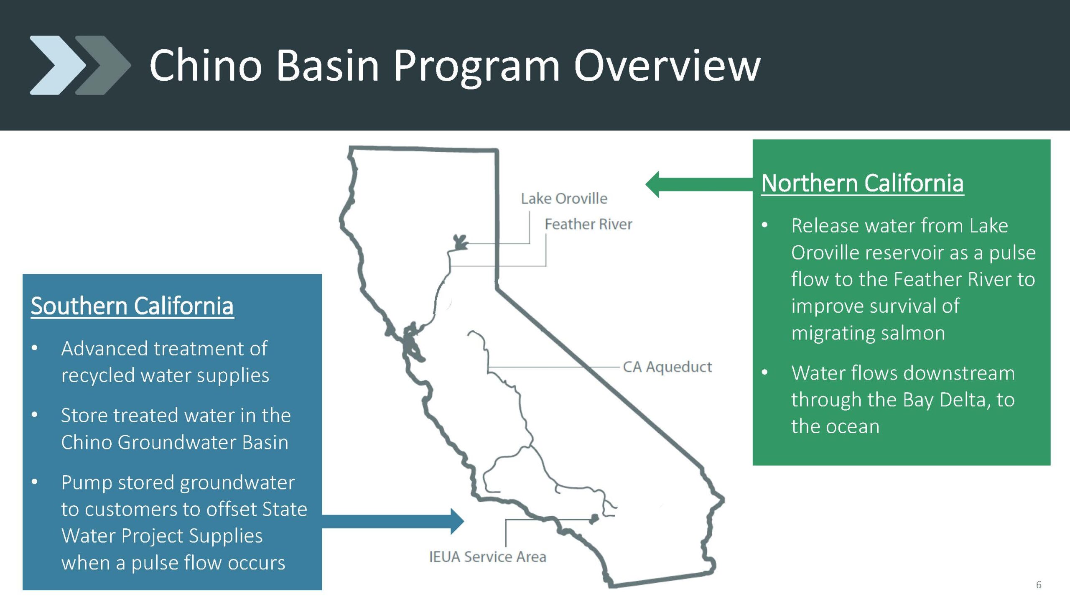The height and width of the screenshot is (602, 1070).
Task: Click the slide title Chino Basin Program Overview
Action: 455,65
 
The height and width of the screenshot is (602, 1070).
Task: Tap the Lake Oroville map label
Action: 564,199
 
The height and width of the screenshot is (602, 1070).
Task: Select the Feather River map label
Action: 588,224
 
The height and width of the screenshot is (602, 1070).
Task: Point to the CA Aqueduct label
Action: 667,367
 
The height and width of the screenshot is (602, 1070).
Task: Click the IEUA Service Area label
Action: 487,557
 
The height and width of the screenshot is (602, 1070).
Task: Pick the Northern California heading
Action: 862,183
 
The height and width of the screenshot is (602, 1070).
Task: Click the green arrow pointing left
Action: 699,184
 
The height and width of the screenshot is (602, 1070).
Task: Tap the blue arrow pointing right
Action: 393,521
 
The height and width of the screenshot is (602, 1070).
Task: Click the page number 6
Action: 1039,584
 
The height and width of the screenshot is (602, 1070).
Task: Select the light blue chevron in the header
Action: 58,65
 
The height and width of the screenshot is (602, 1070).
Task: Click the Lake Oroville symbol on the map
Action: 461,242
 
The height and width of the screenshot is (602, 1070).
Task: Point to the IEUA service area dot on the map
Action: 594,519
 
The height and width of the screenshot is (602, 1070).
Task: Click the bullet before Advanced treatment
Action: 35,348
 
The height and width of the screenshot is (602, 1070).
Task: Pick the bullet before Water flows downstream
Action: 765,372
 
